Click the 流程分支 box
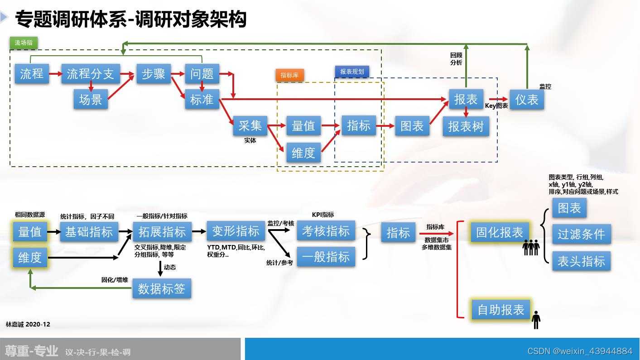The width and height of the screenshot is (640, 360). [x=91, y=73]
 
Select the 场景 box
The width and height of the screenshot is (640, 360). [x=91, y=99]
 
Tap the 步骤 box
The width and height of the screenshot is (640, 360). [x=154, y=73]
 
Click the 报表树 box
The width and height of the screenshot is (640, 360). [x=466, y=126]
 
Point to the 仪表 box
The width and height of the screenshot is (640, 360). [x=527, y=99]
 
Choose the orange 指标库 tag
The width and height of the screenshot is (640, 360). [x=289, y=75]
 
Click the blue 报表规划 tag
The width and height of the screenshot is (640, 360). [x=352, y=72]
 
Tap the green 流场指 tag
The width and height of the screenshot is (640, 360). [x=24, y=43]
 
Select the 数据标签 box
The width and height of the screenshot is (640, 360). [x=162, y=288]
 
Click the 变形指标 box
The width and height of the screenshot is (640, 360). [x=236, y=231]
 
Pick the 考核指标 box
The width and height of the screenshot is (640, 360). [x=326, y=231]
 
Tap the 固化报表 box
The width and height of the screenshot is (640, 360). [x=500, y=232]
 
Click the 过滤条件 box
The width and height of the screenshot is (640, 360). [x=581, y=234]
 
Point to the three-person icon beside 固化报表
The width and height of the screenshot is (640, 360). [x=531, y=247]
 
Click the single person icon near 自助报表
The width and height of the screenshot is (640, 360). [x=536, y=320]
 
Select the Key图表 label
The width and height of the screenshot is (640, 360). [x=496, y=106]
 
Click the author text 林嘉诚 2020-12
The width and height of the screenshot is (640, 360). [x=28, y=324]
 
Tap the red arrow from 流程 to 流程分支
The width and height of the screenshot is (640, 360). [x=55, y=73]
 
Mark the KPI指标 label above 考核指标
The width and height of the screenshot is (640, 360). [x=323, y=215]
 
